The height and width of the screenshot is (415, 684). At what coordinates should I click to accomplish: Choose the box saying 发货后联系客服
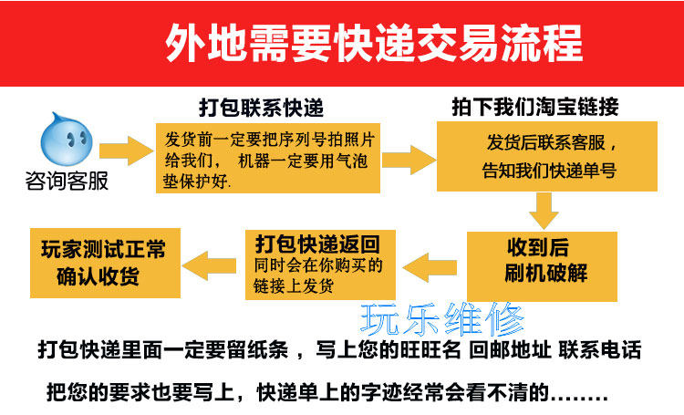coord(547,156)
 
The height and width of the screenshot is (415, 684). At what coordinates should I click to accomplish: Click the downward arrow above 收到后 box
coord(544,212)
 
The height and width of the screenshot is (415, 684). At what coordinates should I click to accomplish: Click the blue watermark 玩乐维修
coord(443,317)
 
